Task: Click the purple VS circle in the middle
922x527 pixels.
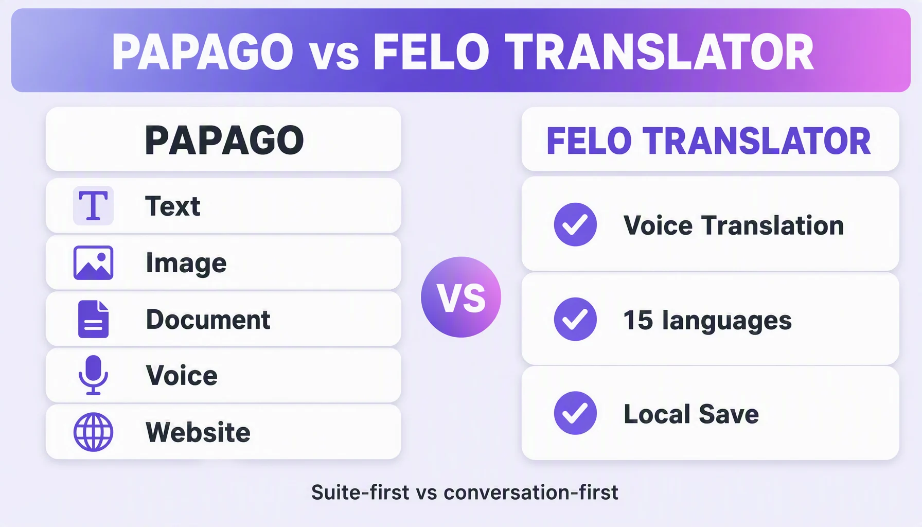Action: pos(461,297)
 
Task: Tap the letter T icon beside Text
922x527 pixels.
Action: pos(93,206)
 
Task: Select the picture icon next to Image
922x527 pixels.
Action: pos(93,263)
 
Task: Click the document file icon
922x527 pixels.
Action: pos(93,319)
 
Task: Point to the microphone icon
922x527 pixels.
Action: pos(93,375)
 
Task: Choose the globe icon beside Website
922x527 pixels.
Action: pos(93,432)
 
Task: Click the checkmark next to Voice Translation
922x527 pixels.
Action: pos(575,224)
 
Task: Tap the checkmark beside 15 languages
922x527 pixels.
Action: pos(575,319)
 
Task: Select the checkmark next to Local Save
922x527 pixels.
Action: pos(575,413)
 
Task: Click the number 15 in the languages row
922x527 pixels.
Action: pos(638,320)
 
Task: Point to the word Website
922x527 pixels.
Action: pos(198,432)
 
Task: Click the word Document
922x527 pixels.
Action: pos(208,319)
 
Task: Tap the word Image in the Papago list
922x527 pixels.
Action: pos(186,263)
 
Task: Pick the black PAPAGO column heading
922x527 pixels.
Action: pos(224,140)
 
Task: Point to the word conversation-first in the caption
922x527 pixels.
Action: pos(531,493)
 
